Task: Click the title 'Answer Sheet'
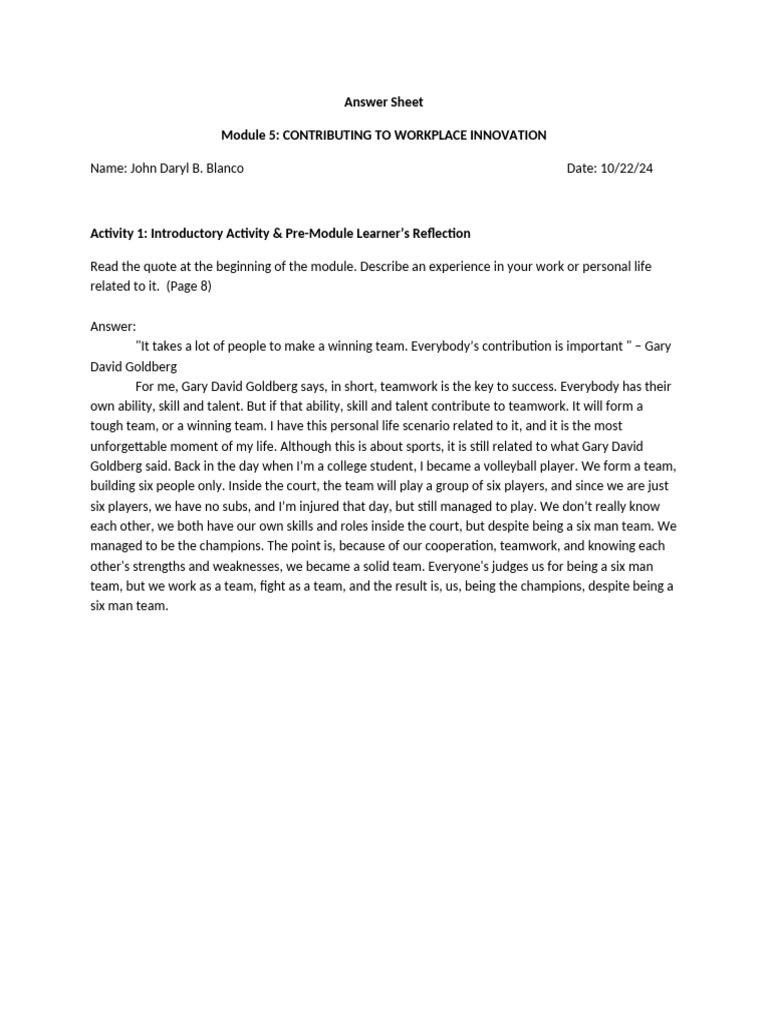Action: pyautogui.click(x=384, y=102)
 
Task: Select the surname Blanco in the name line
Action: pyautogui.click(x=223, y=168)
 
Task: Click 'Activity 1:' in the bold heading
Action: pyautogui.click(x=119, y=233)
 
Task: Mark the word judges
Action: pyautogui.click(x=471, y=566)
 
